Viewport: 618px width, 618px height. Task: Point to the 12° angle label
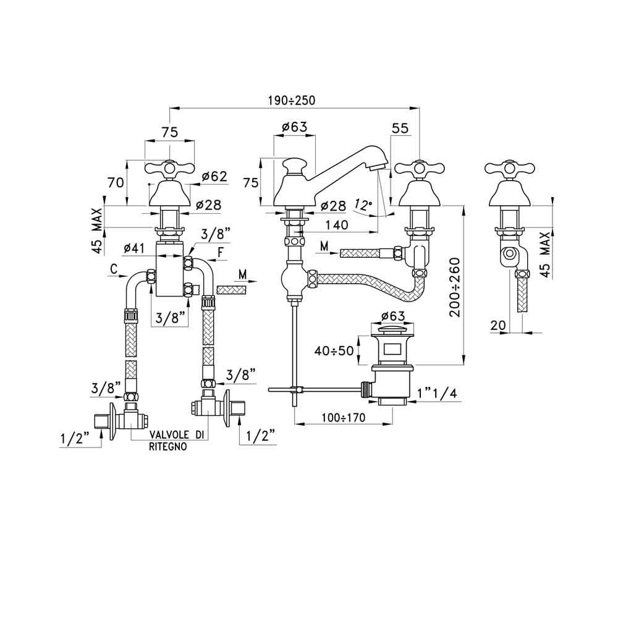363,204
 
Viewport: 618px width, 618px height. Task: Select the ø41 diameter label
134,248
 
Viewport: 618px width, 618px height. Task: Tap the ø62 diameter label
214,177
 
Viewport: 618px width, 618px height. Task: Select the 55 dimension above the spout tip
400,128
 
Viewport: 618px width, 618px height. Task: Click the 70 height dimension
116,183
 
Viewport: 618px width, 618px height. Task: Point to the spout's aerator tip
379,163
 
